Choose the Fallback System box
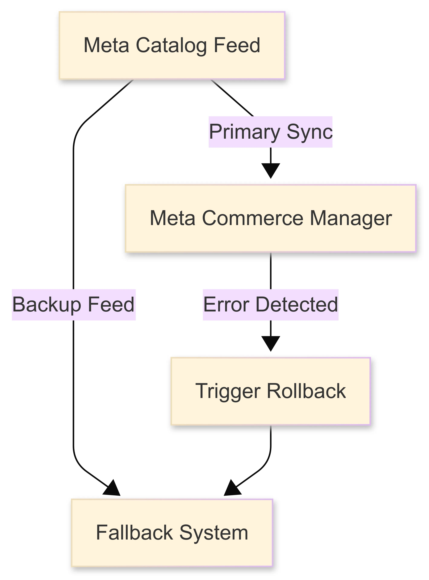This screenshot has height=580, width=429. (172, 533)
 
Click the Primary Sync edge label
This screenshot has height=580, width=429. (271, 132)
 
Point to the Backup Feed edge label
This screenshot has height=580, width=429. (74, 305)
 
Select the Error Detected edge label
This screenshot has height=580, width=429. (271, 305)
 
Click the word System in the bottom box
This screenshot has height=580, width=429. (214, 533)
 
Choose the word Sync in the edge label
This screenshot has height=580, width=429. (309, 132)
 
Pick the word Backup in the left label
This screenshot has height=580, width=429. (47, 305)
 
